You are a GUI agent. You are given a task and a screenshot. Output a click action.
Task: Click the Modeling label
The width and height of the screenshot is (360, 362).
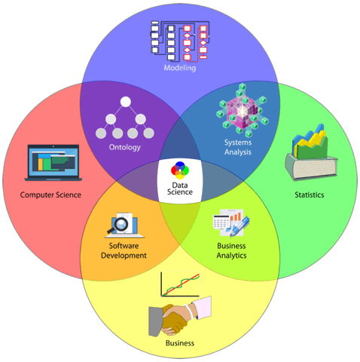(x=180, y=68)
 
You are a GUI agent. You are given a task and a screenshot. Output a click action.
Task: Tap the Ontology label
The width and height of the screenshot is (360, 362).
(x=125, y=147)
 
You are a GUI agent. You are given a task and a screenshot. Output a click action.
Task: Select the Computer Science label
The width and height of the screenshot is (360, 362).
(x=50, y=195)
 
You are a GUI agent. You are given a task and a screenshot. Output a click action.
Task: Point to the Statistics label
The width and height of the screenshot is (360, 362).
(x=310, y=195)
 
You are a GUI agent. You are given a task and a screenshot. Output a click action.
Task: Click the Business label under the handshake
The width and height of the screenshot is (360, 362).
(x=180, y=343)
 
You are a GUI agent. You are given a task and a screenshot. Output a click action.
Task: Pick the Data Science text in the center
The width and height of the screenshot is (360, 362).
(x=180, y=189)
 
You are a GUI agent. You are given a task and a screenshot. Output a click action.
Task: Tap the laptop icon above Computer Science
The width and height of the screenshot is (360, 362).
(x=53, y=163)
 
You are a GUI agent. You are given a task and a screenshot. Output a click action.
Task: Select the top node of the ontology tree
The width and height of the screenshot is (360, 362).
(x=126, y=102)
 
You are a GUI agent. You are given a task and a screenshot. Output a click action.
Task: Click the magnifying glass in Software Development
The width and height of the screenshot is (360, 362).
(x=118, y=225)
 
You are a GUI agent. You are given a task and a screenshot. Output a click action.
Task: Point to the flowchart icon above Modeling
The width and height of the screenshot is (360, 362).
(x=180, y=41)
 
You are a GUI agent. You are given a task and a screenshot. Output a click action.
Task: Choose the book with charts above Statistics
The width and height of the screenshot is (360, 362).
(x=311, y=152)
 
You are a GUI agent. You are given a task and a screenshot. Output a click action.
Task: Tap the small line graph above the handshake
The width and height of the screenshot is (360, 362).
(x=180, y=284)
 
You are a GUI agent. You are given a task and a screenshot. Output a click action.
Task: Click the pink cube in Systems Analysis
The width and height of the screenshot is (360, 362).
(x=242, y=111)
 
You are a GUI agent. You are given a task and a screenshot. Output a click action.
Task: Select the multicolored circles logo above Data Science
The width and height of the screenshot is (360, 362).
(x=180, y=169)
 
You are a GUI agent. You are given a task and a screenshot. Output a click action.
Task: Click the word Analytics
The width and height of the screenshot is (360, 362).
(x=231, y=256)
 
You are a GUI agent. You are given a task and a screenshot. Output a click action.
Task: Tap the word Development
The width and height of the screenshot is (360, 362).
(x=124, y=256)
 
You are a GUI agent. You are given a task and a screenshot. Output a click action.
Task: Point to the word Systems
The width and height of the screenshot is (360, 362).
(x=238, y=143)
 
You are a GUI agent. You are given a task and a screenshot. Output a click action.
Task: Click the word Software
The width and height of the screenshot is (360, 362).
(x=124, y=246)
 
